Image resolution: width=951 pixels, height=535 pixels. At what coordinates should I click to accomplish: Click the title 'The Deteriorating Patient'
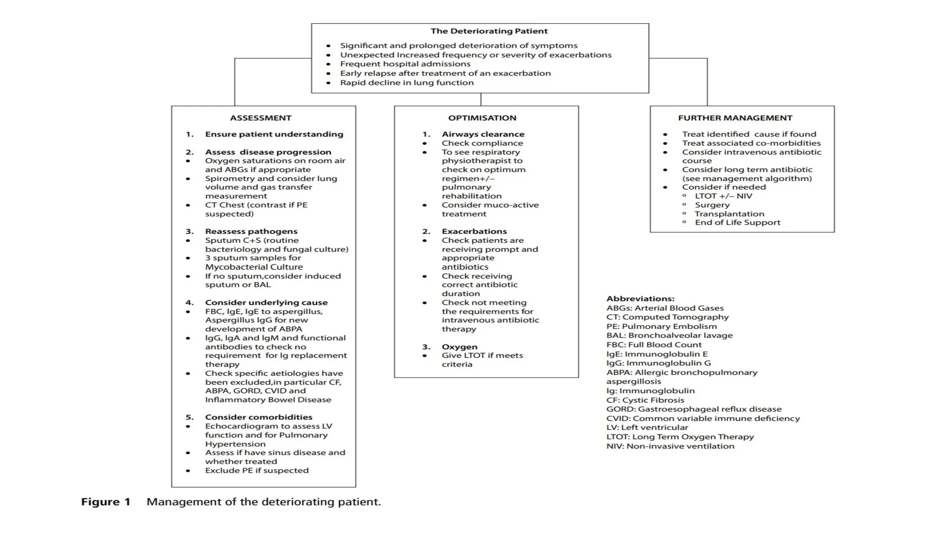[x=489, y=31]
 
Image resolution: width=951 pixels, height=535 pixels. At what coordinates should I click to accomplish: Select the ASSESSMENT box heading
[x=261, y=118]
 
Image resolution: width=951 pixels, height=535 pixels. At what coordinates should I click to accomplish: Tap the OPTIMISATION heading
[x=482, y=118]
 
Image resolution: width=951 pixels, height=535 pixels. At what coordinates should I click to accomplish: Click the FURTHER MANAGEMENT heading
[x=735, y=118]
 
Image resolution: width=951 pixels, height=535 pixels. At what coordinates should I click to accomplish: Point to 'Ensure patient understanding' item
[x=274, y=134]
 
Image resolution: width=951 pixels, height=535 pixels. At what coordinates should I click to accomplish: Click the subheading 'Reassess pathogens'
[x=251, y=231]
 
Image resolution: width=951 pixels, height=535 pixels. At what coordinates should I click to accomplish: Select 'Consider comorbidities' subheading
[x=259, y=417]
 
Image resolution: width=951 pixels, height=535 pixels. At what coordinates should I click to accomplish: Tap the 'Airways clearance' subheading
[x=483, y=134]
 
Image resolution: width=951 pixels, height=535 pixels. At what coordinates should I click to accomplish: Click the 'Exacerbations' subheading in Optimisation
[x=474, y=231]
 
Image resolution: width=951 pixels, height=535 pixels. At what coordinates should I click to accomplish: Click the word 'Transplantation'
[x=729, y=214]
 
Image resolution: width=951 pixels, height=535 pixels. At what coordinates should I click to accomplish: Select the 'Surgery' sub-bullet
[x=712, y=205]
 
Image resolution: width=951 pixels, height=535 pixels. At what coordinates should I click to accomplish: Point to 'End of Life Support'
[x=737, y=222]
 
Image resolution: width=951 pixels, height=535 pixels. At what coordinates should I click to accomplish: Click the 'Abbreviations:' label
[x=640, y=299]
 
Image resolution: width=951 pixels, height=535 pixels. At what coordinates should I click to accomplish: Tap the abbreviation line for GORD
[x=694, y=409]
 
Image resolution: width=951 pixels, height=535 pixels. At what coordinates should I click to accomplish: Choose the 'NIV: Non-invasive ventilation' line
[x=670, y=446]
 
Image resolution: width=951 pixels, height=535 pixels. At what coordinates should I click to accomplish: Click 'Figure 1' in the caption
[x=106, y=502]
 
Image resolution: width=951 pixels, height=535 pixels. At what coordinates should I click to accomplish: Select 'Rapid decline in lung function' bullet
[x=407, y=83]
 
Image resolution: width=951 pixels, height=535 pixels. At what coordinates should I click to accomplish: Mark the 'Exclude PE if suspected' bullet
[x=257, y=470]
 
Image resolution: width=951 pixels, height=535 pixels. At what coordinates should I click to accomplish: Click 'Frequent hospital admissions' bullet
[x=405, y=64]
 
